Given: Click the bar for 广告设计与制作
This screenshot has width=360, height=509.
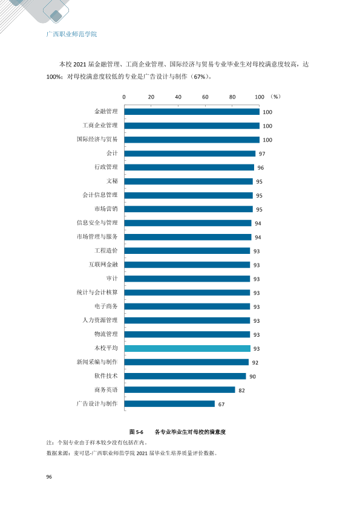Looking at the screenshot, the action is pyautogui.click(x=169, y=404).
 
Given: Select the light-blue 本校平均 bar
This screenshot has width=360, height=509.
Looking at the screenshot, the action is pyautogui.click(x=188, y=348).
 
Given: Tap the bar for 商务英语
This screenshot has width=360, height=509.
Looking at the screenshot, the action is pyautogui.click(x=180, y=390).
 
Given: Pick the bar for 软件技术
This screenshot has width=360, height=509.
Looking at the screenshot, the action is pyautogui.click(x=185, y=376).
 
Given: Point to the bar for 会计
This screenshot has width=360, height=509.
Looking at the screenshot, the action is pyautogui.click(x=190, y=154).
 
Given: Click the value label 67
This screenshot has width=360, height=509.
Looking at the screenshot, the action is pyautogui.click(x=221, y=404).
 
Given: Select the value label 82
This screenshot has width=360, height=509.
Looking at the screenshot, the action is pyautogui.click(x=241, y=391).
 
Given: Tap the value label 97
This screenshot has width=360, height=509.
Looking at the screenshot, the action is pyautogui.click(x=262, y=154).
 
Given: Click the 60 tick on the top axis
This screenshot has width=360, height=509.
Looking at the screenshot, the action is pyautogui.click(x=205, y=97).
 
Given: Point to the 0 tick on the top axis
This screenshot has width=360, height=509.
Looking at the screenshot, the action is pyautogui.click(x=124, y=97).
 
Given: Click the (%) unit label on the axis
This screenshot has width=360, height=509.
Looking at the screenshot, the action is pyautogui.click(x=275, y=97).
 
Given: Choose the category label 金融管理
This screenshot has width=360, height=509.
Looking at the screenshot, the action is pyautogui.click(x=106, y=111).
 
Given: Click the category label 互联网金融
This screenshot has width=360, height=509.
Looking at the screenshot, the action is pyautogui.click(x=103, y=265).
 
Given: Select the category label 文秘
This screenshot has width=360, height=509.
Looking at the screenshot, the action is pyautogui.click(x=112, y=181).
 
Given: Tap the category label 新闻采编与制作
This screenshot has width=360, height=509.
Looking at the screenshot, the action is pyautogui.click(x=97, y=362).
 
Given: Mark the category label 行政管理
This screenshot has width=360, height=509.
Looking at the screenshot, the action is pyautogui.click(x=106, y=167).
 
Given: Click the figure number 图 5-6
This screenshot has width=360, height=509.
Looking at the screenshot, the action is pyautogui.click(x=136, y=432).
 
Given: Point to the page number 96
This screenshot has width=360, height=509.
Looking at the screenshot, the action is pyautogui.click(x=49, y=477).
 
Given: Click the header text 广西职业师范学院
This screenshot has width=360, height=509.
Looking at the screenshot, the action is pyautogui.click(x=71, y=34).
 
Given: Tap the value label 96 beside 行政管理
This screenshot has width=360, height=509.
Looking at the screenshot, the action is pyautogui.click(x=261, y=168).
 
